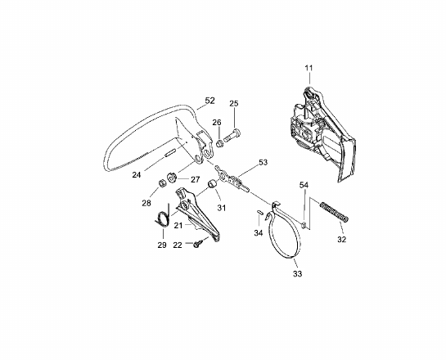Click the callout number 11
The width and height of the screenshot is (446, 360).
pyautogui.click(x=309, y=68)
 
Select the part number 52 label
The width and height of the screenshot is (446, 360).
pyautogui.click(x=210, y=101)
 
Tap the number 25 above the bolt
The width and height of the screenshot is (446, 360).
pyautogui.click(x=234, y=104)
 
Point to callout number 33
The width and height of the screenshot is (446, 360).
pyautogui.click(x=297, y=274)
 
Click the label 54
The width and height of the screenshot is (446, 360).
pyautogui.click(x=304, y=185)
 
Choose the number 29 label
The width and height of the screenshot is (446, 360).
pyautogui.click(x=162, y=245)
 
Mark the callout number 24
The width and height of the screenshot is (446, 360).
pyautogui.click(x=137, y=174)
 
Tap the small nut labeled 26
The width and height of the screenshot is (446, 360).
pyautogui.click(x=219, y=144)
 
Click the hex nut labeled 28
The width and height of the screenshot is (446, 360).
pyautogui.click(x=161, y=183)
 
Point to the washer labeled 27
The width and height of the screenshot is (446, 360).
pyautogui.click(x=172, y=178)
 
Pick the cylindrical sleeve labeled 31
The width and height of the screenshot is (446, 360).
pyautogui.click(x=212, y=184)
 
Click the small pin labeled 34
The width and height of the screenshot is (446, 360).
pyautogui.click(x=260, y=212)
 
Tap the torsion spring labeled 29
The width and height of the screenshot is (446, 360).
pyautogui.click(x=163, y=215)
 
